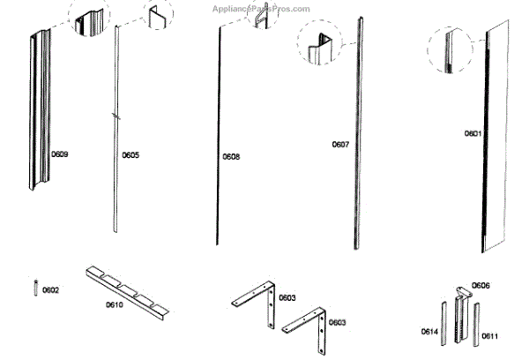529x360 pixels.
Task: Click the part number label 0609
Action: click(60, 154)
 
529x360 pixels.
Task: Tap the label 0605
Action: click(130, 155)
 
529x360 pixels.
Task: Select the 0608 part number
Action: click(231, 157)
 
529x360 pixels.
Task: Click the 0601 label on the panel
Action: click(473, 134)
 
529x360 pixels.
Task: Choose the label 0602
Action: click(51, 289)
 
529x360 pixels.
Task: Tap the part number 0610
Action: click(115, 305)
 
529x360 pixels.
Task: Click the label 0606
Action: click(481, 285)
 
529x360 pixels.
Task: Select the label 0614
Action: click(429, 332)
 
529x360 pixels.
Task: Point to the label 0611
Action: click(489, 335)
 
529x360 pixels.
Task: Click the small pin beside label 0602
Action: click(34, 289)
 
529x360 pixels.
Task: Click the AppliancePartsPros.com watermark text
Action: click(262, 9)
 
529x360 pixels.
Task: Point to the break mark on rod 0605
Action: click(115, 116)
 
